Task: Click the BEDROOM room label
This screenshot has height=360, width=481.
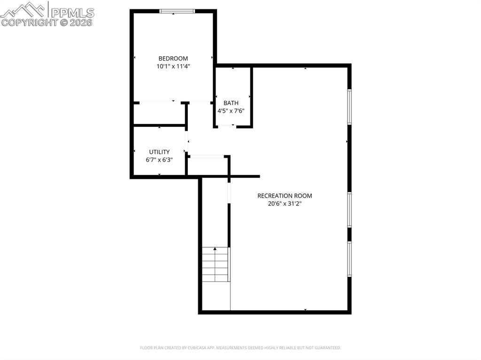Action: click(173, 59)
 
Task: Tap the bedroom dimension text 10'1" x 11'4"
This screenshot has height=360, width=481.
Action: click(173, 67)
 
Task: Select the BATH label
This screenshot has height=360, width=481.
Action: click(231, 103)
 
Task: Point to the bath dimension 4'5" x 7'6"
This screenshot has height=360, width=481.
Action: click(231, 111)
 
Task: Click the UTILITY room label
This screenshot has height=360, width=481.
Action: click(159, 152)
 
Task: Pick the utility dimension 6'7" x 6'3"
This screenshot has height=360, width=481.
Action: click(159, 160)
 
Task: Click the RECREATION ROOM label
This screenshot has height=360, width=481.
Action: click(284, 196)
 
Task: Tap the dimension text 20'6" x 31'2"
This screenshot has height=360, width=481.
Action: click(284, 204)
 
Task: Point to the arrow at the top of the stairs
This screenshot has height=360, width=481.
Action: click(215, 249)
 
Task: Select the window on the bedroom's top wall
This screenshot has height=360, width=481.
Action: click(177, 11)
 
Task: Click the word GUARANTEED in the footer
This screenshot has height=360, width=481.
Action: click(326, 348)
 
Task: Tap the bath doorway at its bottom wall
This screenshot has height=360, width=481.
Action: click(227, 126)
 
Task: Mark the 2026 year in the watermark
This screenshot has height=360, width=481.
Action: click(83, 22)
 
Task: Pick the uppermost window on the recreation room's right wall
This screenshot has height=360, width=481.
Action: click(349, 107)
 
